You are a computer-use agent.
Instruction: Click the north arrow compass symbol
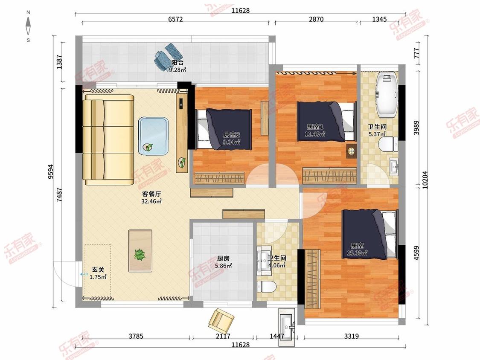[x=28, y=26]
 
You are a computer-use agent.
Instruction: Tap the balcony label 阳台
[x=177, y=63]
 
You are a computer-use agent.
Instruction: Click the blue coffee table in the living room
[x=153, y=136]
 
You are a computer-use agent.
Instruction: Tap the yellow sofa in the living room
[x=109, y=140]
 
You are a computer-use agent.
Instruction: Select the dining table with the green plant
[x=140, y=251]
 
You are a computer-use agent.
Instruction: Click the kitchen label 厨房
[x=223, y=258]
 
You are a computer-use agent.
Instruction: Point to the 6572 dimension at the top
[x=175, y=19]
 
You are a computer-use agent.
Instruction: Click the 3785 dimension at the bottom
[x=136, y=336]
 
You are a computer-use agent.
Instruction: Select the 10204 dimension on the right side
[x=425, y=180]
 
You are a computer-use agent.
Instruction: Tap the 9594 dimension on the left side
[x=50, y=172]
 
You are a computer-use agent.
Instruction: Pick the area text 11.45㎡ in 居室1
[x=315, y=134]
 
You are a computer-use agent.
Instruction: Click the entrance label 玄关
[x=98, y=270]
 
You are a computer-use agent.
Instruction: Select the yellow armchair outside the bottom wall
[x=221, y=319]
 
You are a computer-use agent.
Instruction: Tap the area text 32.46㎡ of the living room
[x=151, y=201]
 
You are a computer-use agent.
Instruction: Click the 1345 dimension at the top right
[x=379, y=19]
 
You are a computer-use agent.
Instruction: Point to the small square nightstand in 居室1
[x=352, y=151]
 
